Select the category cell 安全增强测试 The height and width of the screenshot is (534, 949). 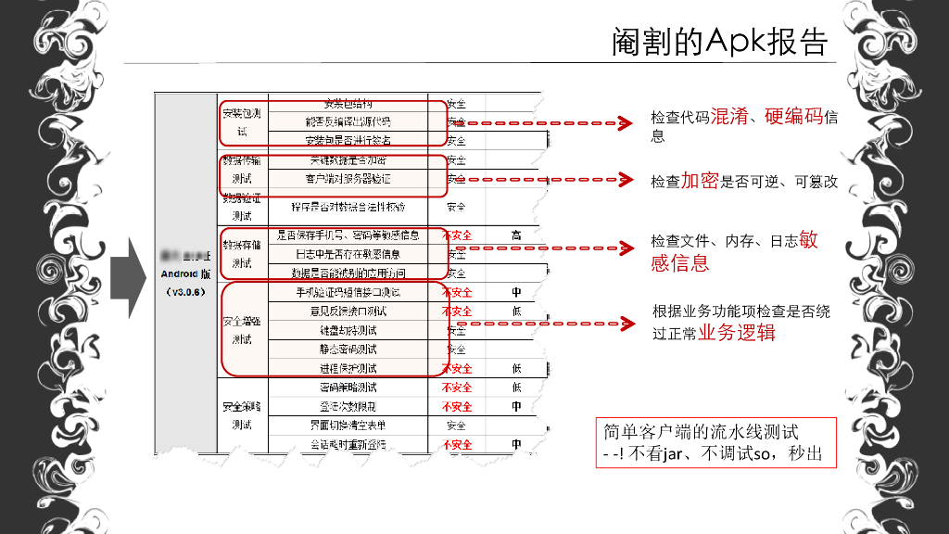pos(242,329)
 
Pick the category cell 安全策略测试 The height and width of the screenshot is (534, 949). pos(242,415)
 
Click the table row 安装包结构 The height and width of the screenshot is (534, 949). pos(348,103)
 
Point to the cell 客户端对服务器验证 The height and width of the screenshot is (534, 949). pos(348,178)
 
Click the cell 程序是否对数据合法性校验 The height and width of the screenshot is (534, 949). pos(348,207)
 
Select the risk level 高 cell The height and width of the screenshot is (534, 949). pos(516,235)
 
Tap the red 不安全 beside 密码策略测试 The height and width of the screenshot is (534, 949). pos(456,388)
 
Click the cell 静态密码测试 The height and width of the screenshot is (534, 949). pos(348,350)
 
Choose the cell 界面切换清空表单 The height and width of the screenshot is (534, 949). pos(348,426)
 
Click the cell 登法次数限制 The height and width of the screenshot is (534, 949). pos(348,406)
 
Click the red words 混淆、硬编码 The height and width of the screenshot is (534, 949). pos(766,118)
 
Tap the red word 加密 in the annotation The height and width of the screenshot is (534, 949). pos(700,181)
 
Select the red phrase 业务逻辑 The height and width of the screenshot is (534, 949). pos(737,333)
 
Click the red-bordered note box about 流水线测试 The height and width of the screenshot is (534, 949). pos(715,443)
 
